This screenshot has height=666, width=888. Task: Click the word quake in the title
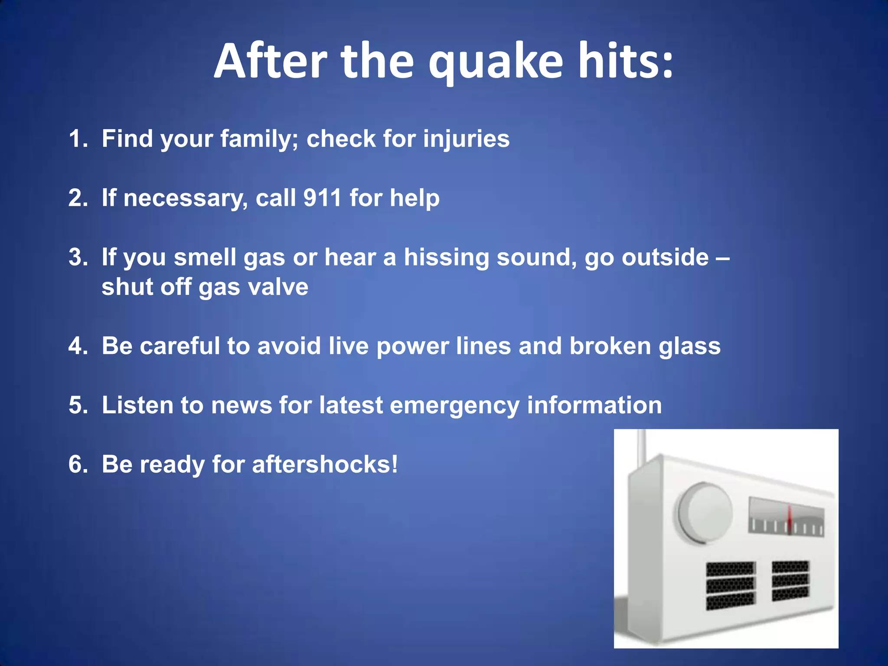pyautogui.click(x=496, y=62)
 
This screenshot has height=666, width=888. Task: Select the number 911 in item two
pyautogui.click(x=323, y=198)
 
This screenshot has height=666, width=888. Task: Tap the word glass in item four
pyautogui.click(x=689, y=346)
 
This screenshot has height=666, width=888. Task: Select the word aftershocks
pyautogui.click(x=324, y=464)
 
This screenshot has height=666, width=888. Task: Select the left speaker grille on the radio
pyautogui.click(x=731, y=585)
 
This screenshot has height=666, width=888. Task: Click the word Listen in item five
pyautogui.click(x=137, y=405)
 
